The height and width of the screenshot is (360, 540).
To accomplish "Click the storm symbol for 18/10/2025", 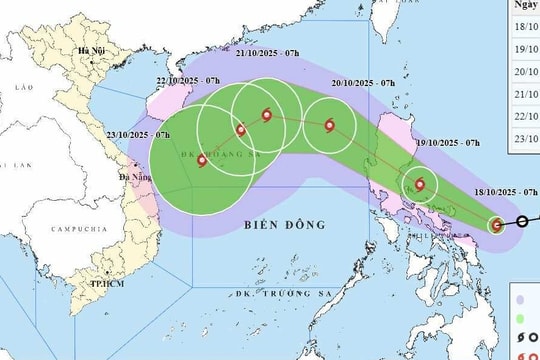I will click(497, 225).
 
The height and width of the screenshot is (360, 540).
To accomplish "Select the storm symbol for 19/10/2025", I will click(420, 185).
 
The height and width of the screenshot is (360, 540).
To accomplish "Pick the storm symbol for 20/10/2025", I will click(330, 125).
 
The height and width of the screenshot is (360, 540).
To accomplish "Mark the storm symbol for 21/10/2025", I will click(267, 115).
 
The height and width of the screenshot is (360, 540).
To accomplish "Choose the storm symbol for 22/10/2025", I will click(240, 129).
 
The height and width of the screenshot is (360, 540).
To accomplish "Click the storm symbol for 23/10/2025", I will click(202, 160).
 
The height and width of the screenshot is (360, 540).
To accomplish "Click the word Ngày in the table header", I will click(527, 5).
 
